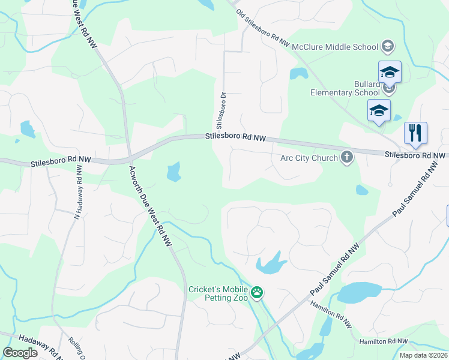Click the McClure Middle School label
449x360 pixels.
[339, 47]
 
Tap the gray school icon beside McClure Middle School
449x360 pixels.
[388, 47]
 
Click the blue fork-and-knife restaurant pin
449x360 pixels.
[415, 133]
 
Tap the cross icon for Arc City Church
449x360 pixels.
[346, 158]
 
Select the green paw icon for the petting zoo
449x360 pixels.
[257, 293]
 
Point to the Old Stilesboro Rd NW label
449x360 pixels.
[262, 29]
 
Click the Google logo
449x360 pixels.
[20, 353]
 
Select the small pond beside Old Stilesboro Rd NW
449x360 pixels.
[298, 74]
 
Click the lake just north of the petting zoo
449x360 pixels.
[270, 263]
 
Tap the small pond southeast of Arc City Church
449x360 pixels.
[361, 190]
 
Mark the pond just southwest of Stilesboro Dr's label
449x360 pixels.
[173, 172]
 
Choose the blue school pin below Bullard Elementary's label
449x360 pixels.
[379, 110]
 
